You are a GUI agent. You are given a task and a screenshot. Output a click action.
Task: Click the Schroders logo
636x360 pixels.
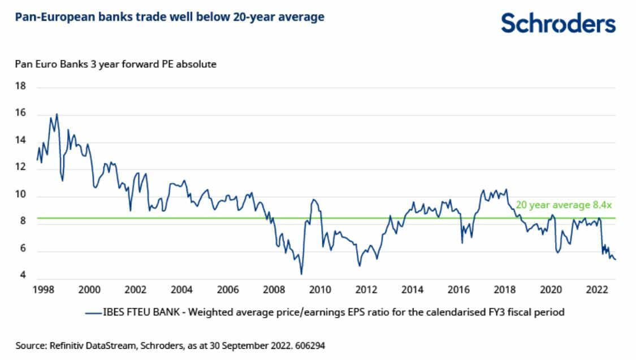tap(558, 23)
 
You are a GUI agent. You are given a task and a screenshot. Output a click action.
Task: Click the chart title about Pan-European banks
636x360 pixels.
tap(170, 18)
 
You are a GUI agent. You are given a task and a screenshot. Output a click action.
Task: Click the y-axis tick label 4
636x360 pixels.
tap(23, 276)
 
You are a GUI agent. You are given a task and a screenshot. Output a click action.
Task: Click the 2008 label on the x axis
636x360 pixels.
tap(274, 290)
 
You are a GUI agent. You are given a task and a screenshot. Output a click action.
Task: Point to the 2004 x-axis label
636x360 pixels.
tap(181, 290)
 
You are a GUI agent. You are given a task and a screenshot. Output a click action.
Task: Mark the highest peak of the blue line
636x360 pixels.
tap(57, 114)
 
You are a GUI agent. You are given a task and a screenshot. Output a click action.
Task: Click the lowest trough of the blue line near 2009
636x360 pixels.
tap(301, 274)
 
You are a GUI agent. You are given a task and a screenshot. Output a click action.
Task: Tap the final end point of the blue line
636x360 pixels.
tap(615, 259)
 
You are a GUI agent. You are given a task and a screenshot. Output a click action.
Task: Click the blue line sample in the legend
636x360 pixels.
tap(93, 312)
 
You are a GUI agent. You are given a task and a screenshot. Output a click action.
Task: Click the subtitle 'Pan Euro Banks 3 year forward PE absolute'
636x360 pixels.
tap(116, 64)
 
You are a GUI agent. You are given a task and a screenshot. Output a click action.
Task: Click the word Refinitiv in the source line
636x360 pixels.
tap(66, 344)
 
